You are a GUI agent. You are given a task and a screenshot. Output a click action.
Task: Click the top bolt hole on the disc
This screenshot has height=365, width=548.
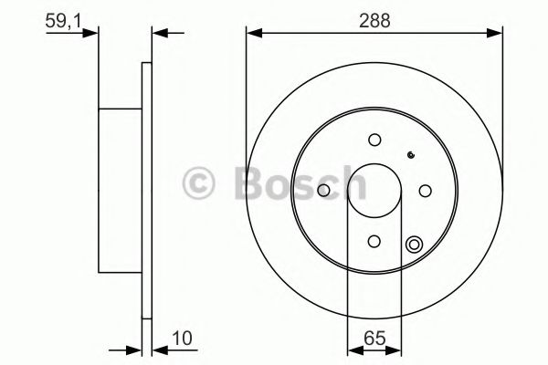click(374, 140)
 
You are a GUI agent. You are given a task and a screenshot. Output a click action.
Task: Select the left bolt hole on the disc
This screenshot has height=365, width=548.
click(324, 190)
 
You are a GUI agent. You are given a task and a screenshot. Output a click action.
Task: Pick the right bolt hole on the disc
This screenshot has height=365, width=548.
click(425, 190)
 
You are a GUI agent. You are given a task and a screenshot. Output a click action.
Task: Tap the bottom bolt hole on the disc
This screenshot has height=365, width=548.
click(374, 241)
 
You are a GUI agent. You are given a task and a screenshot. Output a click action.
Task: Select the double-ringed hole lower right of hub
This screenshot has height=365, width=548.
click(414, 244)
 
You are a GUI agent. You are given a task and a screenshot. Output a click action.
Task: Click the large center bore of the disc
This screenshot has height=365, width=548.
click(374, 190)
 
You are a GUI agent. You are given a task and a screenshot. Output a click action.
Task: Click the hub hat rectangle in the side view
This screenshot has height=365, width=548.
click(120, 191)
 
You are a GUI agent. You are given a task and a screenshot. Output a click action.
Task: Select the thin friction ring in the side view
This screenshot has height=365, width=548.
click(146, 191)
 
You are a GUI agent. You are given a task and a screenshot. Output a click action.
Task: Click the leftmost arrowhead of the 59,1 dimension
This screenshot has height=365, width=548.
click(91, 35)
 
